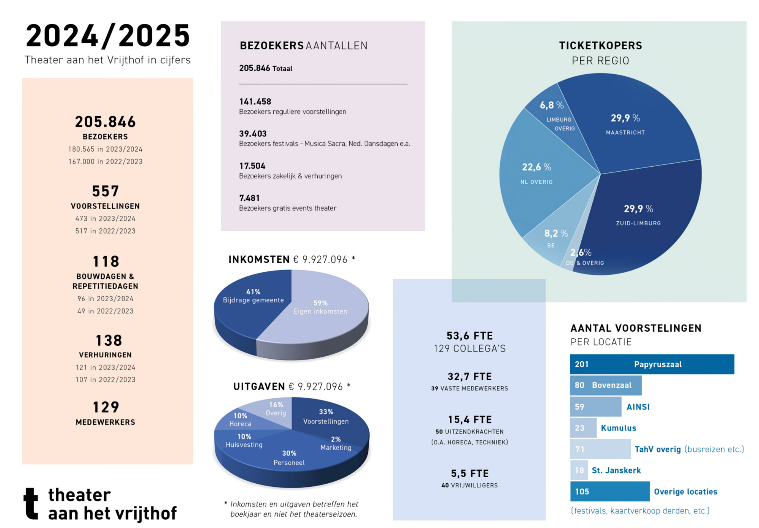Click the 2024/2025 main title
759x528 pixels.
[108, 36]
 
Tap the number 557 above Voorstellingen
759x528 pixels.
[106, 191]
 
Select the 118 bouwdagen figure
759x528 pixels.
[106, 262]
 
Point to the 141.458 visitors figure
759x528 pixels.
[255, 102]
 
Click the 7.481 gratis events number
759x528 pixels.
[249, 198]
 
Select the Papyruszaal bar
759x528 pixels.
[652, 364]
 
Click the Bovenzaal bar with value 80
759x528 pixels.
[605, 385]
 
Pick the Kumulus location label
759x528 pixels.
[618, 428]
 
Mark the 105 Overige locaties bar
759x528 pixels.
[609, 492]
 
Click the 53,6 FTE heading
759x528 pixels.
[469, 336]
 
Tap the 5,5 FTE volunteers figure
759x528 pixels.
[469, 473]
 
